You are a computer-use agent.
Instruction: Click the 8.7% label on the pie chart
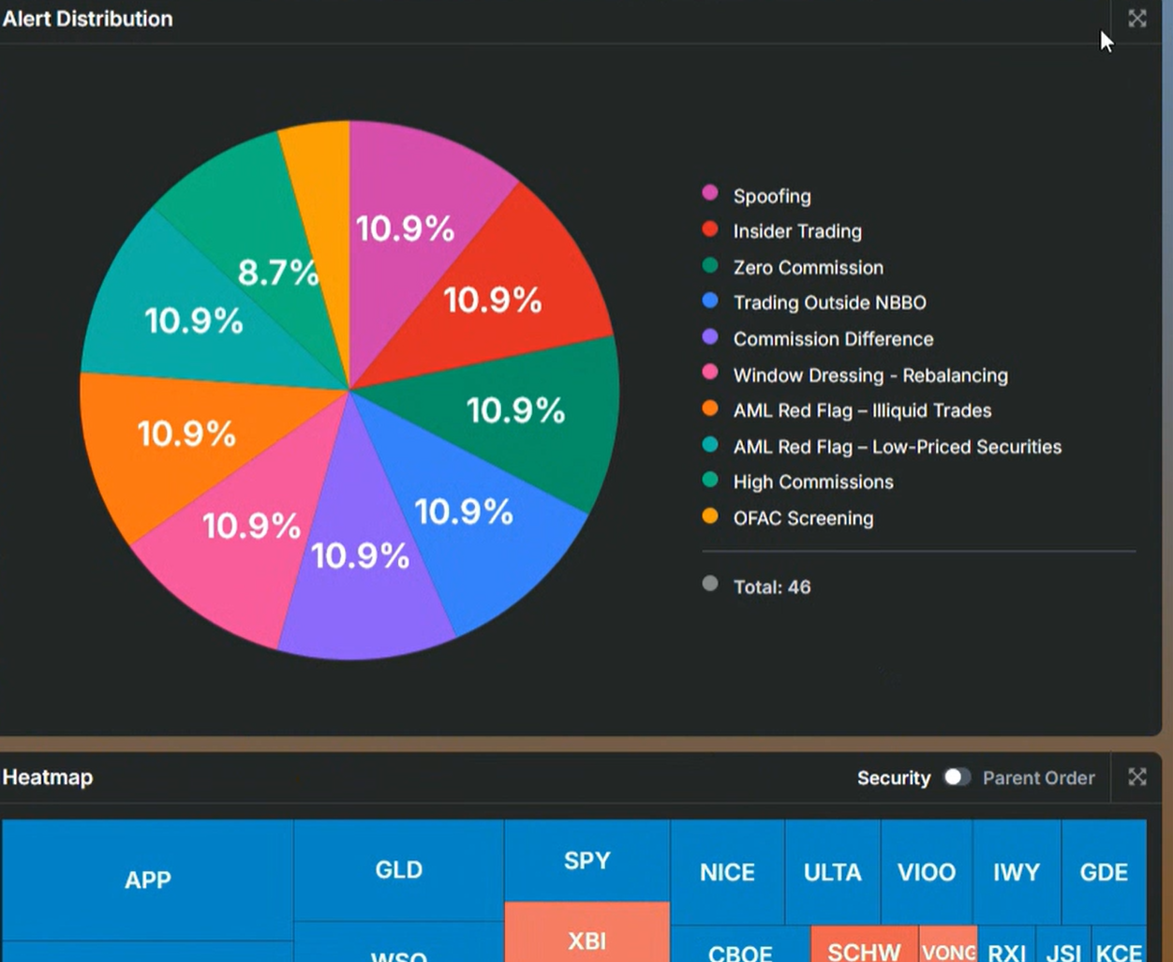277,273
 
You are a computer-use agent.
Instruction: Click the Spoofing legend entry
771,196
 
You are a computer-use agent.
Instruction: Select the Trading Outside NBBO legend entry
829,303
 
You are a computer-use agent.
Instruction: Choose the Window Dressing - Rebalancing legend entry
869,375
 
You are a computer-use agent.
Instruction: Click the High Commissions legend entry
812,481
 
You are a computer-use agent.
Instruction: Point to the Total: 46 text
771,587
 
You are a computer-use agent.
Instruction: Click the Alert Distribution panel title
87,19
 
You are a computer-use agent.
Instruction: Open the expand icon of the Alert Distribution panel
1136,19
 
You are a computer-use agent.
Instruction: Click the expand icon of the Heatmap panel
1136,777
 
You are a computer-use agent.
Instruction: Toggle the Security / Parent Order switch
956,777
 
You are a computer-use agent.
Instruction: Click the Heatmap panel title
48,777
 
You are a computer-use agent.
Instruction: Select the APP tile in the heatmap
148,880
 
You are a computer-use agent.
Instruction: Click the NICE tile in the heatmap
727,872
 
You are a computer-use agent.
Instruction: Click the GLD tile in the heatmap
398,869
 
